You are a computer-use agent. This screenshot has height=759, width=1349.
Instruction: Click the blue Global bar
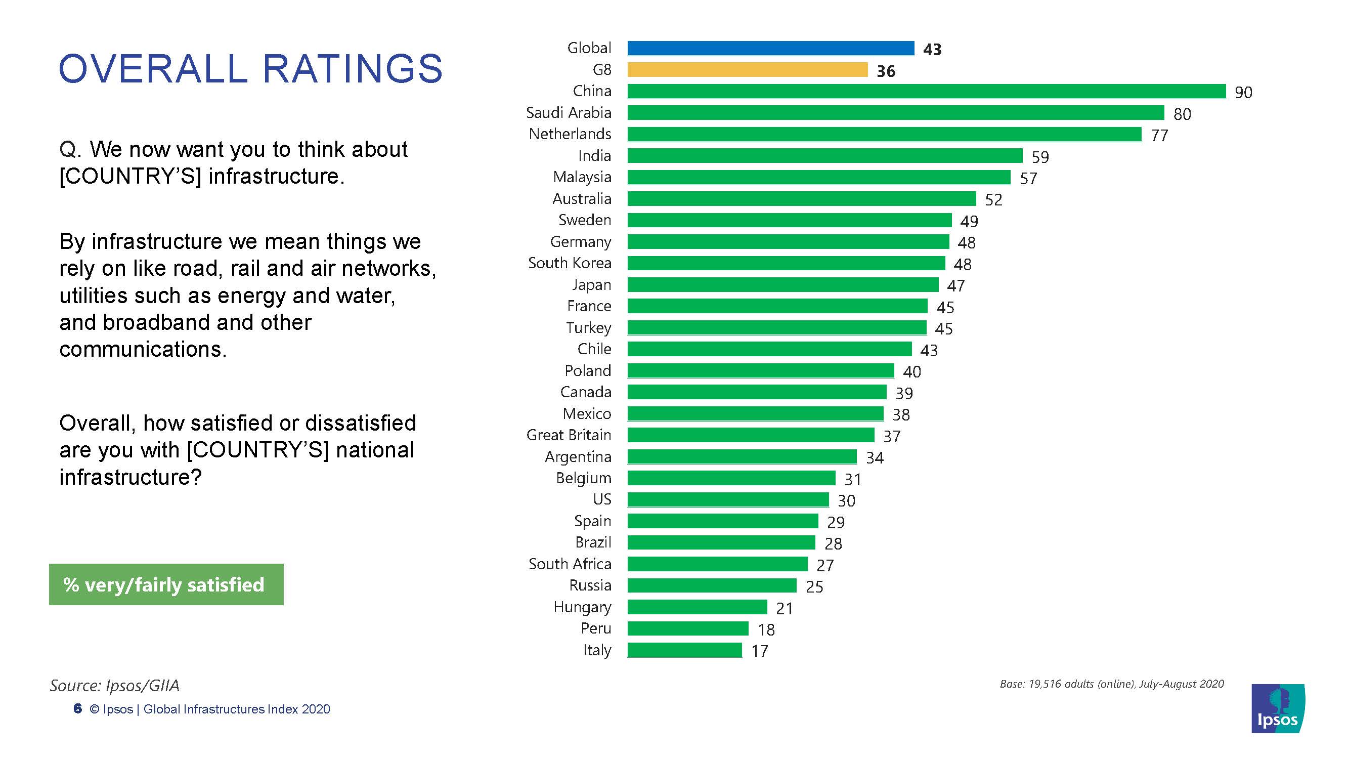pyautogui.click(x=770, y=48)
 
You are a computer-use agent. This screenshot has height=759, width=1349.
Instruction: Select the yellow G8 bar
pyautogui.click(x=747, y=70)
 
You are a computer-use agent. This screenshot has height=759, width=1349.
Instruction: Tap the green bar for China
pyautogui.click(x=926, y=91)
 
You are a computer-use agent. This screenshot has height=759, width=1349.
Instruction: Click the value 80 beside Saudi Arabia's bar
pyautogui.click(x=1182, y=114)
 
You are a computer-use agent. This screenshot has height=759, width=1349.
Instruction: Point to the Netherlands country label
pyautogui.click(x=570, y=134)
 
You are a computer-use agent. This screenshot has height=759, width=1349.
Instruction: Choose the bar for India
pyautogui.click(x=825, y=155)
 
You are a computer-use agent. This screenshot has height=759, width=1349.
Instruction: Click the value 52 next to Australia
pyautogui.click(x=993, y=199)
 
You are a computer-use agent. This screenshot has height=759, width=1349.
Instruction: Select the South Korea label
pyautogui.click(x=569, y=263)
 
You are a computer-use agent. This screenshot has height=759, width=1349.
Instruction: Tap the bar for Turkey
pyautogui.click(x=776, y=328)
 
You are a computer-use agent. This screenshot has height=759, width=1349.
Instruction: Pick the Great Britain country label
pyautogui.click(x=569, y=435)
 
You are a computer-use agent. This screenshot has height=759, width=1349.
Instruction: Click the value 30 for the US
pyautogui.click(x=846, y=501)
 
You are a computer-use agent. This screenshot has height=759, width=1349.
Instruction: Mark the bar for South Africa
pyautogui.click(x=717, y=564)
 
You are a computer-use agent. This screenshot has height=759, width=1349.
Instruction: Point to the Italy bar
pyautogui.click(x=684, y=650)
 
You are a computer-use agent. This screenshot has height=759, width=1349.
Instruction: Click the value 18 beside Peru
pyautogui.click(x=766, y=629)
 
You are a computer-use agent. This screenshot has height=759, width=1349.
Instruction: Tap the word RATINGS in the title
pyautogui.click(x=352, y=69)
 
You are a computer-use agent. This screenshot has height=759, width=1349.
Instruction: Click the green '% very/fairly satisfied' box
pyautogui.click(x=166, y=584)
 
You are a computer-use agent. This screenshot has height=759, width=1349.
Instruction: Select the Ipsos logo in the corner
pyautogui.click(x=1277, y=709)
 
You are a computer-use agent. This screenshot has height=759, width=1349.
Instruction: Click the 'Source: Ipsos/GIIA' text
pyautogui.click(x=115, y=685)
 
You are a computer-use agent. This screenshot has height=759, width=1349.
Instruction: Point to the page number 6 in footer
pyautogui.click(x=78, y=709)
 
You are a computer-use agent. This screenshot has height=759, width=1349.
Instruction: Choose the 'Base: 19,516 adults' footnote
pyautogui.click(x=1111, y=684)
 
